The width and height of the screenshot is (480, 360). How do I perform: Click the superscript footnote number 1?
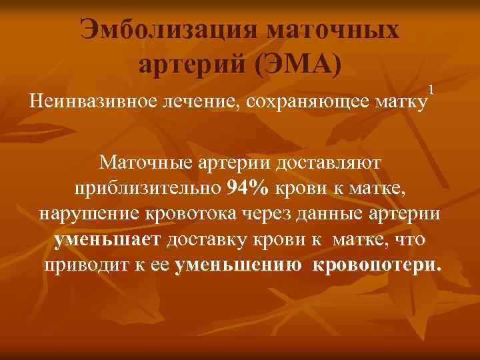(431, 89)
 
